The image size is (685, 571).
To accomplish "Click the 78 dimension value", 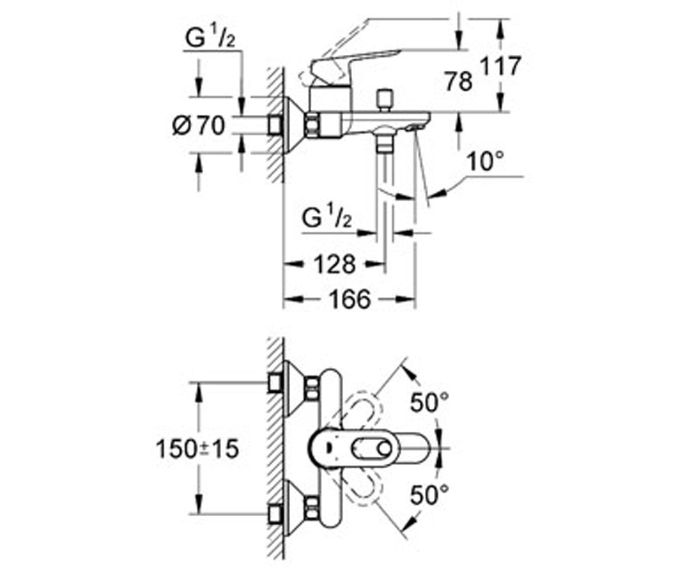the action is tap(459, 82).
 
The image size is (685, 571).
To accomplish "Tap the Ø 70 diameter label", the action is tap(199, 126).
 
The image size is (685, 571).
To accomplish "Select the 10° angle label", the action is tap(485, 162).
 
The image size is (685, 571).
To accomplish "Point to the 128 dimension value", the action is tap(335, 264).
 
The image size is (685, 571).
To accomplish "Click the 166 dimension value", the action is tap(349, 299).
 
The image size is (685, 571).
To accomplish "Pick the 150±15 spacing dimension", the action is tap(198, 449).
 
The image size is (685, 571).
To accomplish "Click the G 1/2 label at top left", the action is tap(210, 38).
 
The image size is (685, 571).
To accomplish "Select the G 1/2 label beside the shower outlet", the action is tap(327, 218).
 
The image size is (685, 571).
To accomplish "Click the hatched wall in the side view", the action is tap(275, 124).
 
